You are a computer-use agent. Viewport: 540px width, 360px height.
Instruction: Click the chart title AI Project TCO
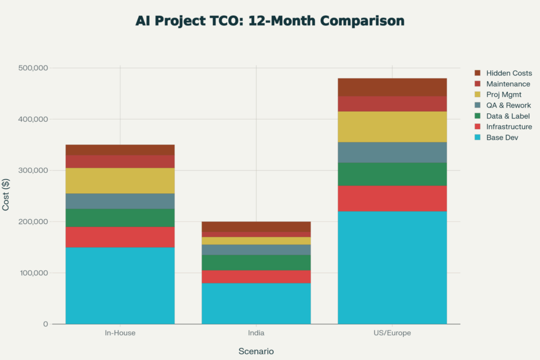pyautogui.click(x=269, y=21)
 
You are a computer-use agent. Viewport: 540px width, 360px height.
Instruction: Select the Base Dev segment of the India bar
pyautogui.click(x=256, y=304)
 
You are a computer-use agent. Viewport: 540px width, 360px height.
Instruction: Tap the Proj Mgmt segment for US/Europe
pyautogui.click(x=392, y=127)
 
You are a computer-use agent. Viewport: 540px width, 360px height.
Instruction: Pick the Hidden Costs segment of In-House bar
pyautogui.click(x=120, y=150)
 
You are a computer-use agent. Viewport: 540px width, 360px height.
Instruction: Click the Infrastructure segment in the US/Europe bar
pyautogui.click(x=392, y=198)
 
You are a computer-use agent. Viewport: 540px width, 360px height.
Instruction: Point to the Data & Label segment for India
pyautogui.click(x=256, y=262)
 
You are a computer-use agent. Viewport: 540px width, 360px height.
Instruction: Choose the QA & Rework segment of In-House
pyautogui.click(x=120, y=201)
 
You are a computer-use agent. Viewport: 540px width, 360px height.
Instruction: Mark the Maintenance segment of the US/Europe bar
pyautogui.click(x=392, y=103)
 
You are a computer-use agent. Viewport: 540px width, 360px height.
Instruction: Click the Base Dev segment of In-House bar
pyautogui.click(x=120, y=285)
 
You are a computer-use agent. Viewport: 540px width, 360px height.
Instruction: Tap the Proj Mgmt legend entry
pyautogui.click(x=504, y=95)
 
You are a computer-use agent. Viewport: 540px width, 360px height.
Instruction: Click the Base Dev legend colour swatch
pyautogui.click(x=478, y=138)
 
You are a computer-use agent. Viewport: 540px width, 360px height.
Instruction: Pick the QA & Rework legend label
pyautogui.click(x=508, y=105)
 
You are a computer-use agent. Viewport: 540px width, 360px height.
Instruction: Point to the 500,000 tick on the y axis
pyautogui.click(x=33, y=68)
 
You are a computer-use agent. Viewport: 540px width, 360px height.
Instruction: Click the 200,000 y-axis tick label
pyautogui.click(x=33, y=221)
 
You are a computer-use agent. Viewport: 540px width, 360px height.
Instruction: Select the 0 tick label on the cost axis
pyautogui.click(x=46, y=324)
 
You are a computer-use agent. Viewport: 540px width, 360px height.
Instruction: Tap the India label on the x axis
pyautogui.click(x=256, y=333)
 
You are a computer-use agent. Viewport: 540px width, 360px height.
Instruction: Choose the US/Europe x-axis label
pyautogui.click(x=392, y=333)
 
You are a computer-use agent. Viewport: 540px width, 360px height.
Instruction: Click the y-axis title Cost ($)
pyautogui.click(x=6, y=195)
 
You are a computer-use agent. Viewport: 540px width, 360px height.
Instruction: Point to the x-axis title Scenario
pyautogui.click(x=256, y=351)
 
